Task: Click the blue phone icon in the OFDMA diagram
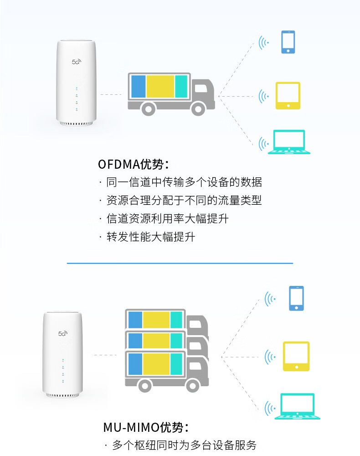(x=288, y=42)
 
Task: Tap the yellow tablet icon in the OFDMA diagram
(x=288, y=96)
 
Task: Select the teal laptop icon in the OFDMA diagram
(x=289, y=142)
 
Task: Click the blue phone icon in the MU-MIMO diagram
(x=296, y=298)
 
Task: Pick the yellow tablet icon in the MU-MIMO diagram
(x=296, y=356)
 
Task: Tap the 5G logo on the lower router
(x=62, y=333)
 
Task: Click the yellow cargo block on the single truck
(x=160, y=86)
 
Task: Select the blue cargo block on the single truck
(x=138, y=86)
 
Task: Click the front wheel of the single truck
(x=198, y=108)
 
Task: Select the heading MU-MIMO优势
(x=145, y=428)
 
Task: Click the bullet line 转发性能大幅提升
(x=150, y=237)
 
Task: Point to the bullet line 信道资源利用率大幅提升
(x=167, y=219)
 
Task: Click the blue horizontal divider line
(x=180, y=263)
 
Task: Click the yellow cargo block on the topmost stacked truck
(x=156, y=320)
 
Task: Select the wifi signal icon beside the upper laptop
(x=263, y=145)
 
